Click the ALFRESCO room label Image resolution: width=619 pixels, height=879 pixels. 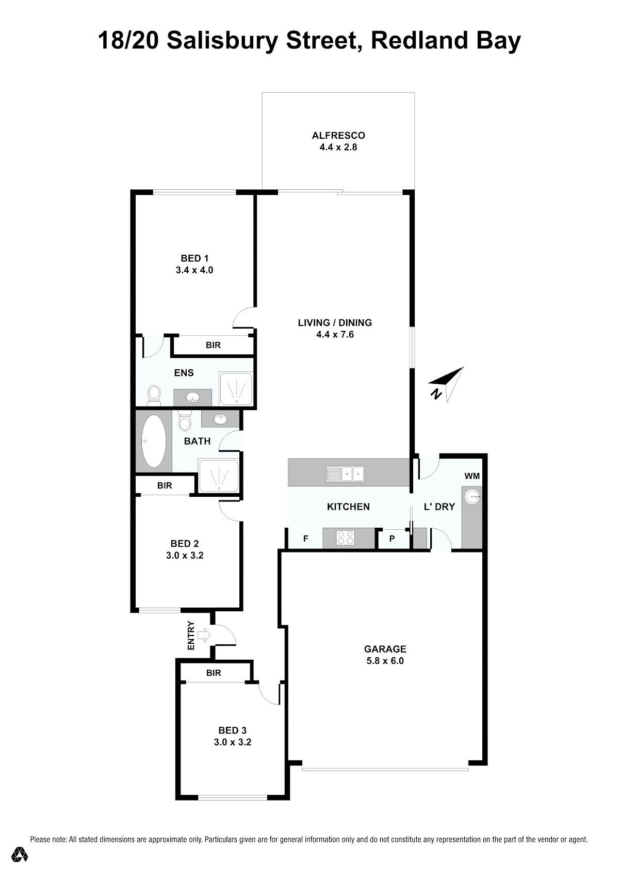[338, 135]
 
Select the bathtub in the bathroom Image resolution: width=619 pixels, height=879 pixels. [154, 441]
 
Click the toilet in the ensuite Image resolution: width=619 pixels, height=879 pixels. [154, 396]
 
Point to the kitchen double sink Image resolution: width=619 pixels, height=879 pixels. [346, 474]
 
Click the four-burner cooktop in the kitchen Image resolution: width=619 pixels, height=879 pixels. [346, 538]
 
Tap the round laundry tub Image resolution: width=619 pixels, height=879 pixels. [472, 497]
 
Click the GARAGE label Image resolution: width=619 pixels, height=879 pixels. [385, 649]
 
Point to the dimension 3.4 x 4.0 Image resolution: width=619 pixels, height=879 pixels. [194, 270]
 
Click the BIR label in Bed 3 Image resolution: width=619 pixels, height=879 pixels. [214, 673]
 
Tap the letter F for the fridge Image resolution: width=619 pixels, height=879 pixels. [306, 539]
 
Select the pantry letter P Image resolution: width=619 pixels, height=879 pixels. [392, 539]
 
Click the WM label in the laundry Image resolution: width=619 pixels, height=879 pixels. [472, 476]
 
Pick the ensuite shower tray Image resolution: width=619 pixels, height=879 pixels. [236, 388]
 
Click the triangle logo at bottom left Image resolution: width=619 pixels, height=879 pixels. [19, 854]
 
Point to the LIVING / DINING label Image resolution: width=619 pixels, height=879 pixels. [335, 322]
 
